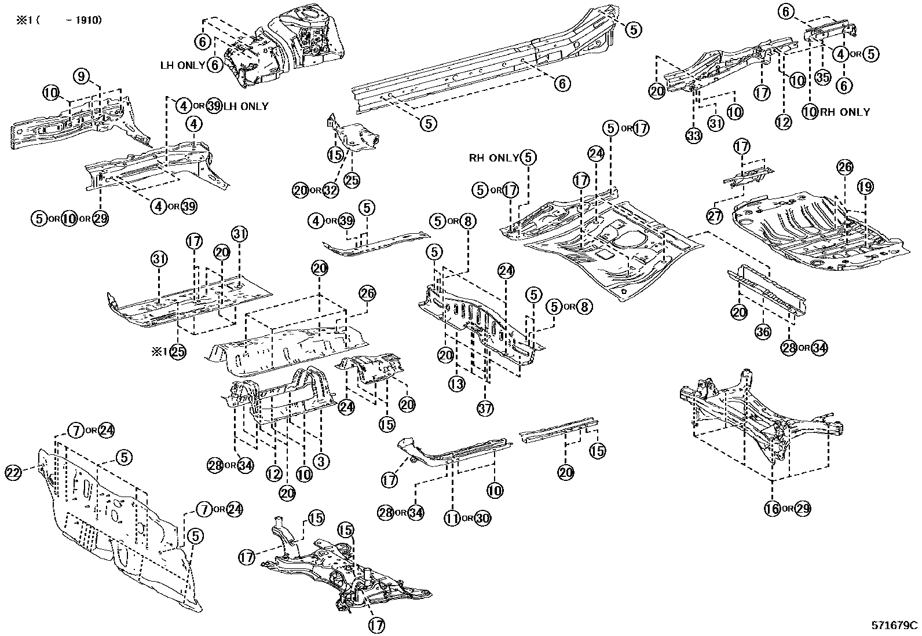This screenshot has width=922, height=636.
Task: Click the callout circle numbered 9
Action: point(82,76)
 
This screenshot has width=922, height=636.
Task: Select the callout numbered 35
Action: point(823,77)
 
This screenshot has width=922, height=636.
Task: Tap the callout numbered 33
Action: point(694,136)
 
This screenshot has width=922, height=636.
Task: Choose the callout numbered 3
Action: point(321,461)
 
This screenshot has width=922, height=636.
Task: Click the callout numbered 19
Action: point(865,187)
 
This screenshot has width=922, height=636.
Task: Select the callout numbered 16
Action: point(772,509)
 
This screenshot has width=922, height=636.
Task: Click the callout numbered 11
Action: point(452,518)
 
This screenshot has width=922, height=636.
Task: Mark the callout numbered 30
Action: point(482,518)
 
